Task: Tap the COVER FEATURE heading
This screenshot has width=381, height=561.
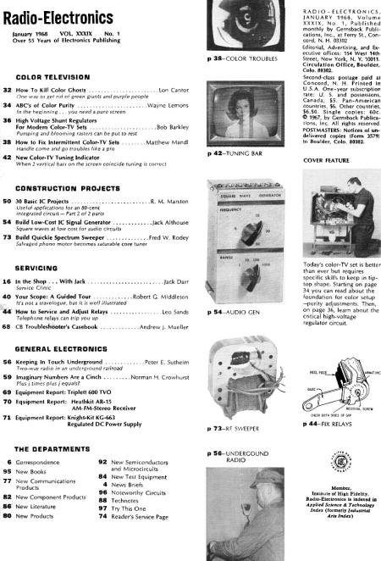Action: [325, 158]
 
